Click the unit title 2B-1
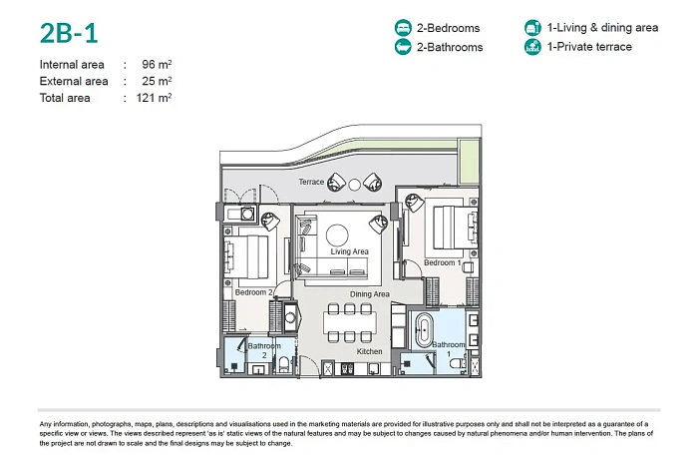click(69, 33)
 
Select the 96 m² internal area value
click(157, 64)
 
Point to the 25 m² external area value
click(157, 81)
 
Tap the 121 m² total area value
click(154, 98)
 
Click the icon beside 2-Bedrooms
click(403, 28)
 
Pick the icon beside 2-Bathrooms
click(403, 47)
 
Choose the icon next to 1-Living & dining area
click(532, 28)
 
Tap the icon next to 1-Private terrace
click(532, 47)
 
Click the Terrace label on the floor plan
click(311, 182)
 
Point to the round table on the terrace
click(354, 185)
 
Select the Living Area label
click(349, 251)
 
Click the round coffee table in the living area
click(337, 235)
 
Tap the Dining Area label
click(370, 294)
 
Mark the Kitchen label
click(369, 351)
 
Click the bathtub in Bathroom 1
click(424, 331)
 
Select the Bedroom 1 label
click(443, 262)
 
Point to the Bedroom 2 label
click(253, 292)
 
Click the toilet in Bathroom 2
click(283, 365)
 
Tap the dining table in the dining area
click(349, 322)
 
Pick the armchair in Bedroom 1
click(415, 203)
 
